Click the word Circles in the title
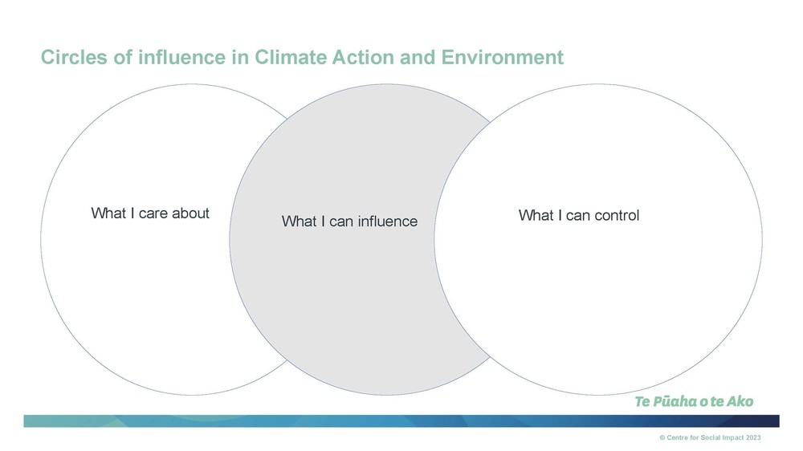coord(75,57)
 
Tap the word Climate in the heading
coord(291,57)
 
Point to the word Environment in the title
coord(503,57)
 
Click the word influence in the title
coord(181,57)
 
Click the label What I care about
coord(150,213)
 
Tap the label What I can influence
coord(350,221)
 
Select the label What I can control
coord(579,215)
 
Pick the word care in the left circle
coord(153,213)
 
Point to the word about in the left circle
coord(191,213)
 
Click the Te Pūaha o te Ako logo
coord(694,401)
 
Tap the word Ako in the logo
coord(740,401)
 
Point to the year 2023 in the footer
coord(753,437)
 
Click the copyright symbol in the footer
coord(662,437)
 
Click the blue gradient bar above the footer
coord(401,421)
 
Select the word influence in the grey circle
coord(388,221)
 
